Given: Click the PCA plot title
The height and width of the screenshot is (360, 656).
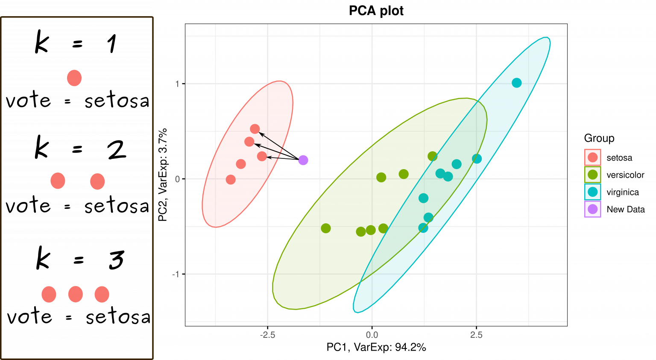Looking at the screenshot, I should (376, 11).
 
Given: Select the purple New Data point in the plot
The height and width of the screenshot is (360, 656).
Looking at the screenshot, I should (303, 160).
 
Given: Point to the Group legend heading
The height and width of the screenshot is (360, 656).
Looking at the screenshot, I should (599, 138).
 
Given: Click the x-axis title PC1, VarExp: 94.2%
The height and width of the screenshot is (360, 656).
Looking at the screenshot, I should (376, 347).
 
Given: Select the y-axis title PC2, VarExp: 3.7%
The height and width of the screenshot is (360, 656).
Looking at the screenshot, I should (163, 175).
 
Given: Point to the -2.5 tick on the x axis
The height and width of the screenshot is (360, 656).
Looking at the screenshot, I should (267, 335).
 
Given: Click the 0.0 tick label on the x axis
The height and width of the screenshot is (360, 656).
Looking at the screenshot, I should (372, 335).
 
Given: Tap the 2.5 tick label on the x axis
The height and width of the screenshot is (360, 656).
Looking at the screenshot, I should (476, 335).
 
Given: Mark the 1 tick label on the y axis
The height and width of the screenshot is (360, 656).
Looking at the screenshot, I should (177, 84).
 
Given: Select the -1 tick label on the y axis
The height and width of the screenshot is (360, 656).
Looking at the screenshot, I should (176, 274).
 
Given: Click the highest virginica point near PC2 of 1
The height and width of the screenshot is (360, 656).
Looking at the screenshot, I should (516, 83).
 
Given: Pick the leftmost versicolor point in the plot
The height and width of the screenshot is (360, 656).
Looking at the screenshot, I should (325, 228).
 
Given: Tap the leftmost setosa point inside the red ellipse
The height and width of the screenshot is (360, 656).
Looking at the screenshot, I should (231, 179).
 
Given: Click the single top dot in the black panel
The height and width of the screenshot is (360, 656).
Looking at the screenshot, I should (74, 78).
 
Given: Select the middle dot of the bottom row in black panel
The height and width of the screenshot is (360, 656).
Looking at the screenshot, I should (75, 294).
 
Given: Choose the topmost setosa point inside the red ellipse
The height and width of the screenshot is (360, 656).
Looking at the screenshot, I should (255, 129).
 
